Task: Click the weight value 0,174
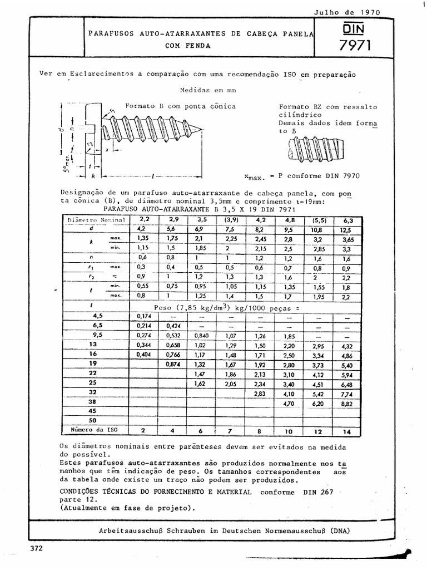pyautogui.click(x=144, y=316)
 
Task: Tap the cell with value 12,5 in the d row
pyautogui.click(x=346, y=229)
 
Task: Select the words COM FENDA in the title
pyautogui.click(x=188, y=46)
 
